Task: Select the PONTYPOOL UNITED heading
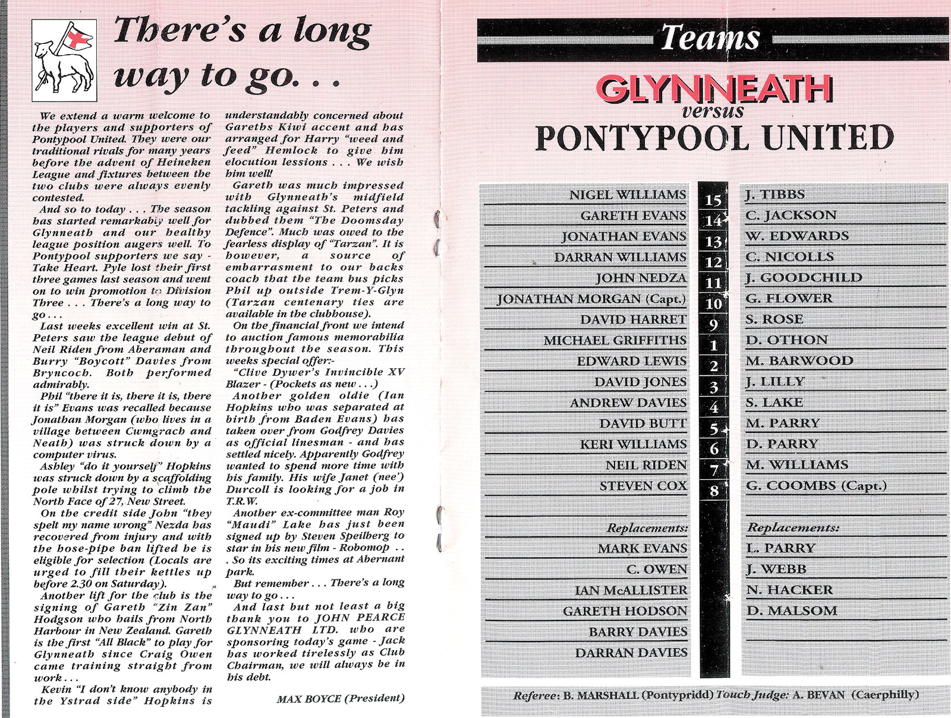tap(714, 138)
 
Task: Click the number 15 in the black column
tap(713, 199)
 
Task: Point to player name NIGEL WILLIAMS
tap(628, 195)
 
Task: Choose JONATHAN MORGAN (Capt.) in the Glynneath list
tap(591, 299)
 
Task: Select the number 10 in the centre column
tap(714, 303)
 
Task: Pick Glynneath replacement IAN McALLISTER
tap(631, 590)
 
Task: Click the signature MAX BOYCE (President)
tap(341, 699)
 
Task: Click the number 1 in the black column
tap(713, 345)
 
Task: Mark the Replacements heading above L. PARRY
tap(792, 527)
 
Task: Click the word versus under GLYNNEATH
tap(713, 110)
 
